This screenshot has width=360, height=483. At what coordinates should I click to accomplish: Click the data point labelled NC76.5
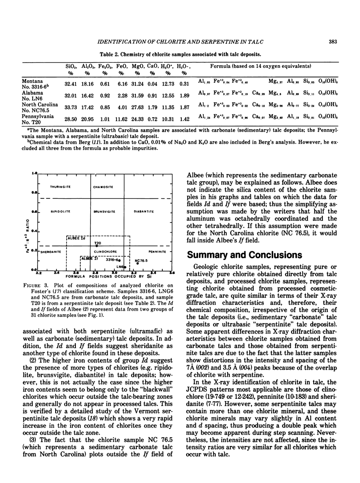point(138,264)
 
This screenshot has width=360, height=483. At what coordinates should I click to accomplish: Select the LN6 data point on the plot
point(125,267)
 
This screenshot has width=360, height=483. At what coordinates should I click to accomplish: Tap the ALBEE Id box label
point(76,238)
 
